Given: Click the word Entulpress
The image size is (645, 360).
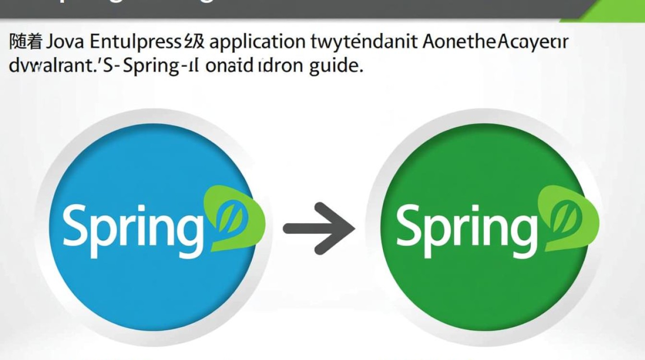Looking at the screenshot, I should click(135, 43).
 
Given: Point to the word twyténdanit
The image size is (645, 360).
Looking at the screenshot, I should click(364, 43).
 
